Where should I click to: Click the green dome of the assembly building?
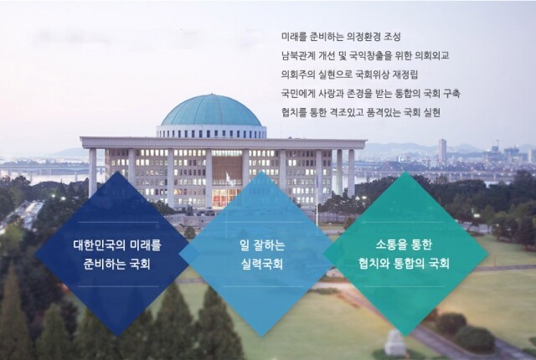[211, 111]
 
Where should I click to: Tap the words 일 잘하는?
[261, 248]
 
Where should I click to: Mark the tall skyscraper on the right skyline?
[442, 152]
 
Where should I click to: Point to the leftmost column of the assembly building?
[92, 172]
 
